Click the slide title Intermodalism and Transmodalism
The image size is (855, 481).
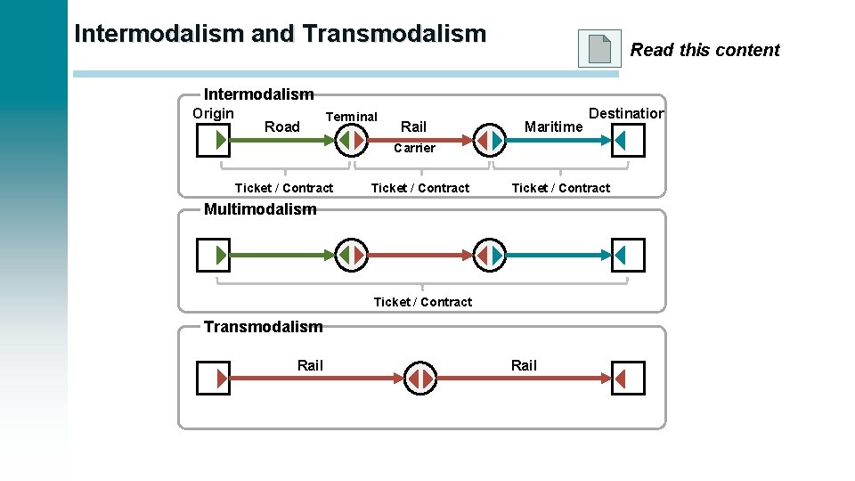281,35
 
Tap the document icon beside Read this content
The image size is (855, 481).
599,49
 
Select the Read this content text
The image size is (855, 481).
704,50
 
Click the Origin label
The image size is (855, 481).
214,113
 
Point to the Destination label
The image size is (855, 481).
626,113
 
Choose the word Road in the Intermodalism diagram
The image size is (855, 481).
282,127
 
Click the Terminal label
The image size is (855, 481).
352,117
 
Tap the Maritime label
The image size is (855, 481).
553,127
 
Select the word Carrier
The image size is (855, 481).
414,148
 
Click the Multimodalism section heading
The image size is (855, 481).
260,209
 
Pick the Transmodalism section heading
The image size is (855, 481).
263,326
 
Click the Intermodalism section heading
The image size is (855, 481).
259,94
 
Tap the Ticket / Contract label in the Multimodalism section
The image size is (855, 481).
423,302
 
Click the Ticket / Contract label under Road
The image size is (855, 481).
284,188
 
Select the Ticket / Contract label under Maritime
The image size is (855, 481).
561,188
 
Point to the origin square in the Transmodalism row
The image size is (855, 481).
213,379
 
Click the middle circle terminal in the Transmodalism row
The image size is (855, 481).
421,379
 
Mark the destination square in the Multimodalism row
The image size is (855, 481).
628,256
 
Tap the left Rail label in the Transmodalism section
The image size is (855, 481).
310,365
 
